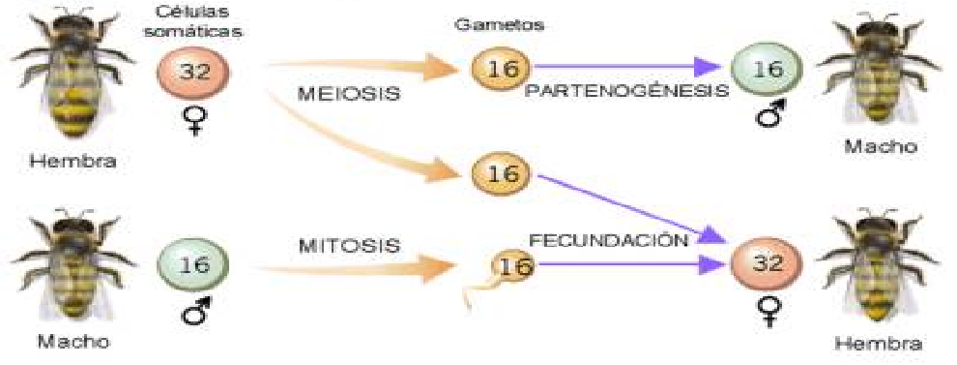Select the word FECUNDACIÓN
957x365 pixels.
pyautogui.click(x=608, y=238)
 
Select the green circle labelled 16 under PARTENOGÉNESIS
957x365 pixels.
pyautogui.click(x=766, y=70)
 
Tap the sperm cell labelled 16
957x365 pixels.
pyautogui.click(x=514, y=266)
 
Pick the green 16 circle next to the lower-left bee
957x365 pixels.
pyautogui.click(x=193, y=264)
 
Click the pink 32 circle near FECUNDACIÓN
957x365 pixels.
pyautogui.click(x=766, y=264)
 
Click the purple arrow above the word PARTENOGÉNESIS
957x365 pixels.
pyautogui.click(x=628, y=69)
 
